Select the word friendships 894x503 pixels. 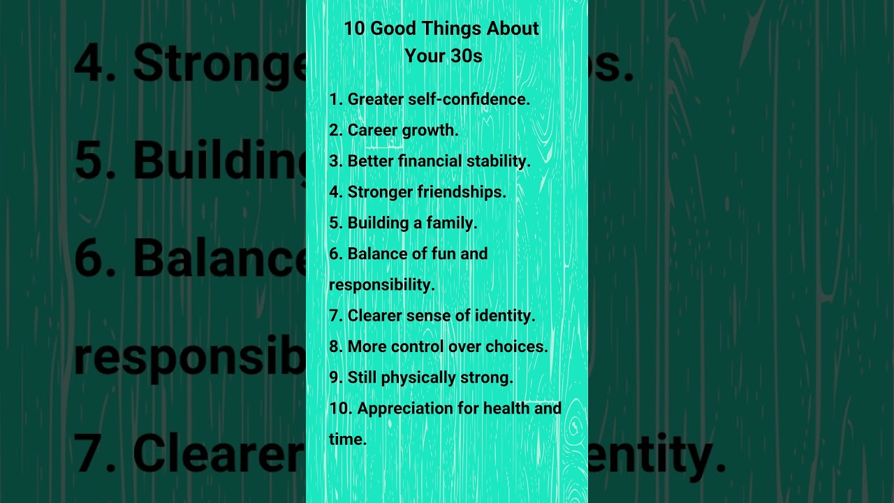(462, 191)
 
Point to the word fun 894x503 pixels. (444, 254)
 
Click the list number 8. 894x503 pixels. (336, 347)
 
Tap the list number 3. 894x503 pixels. (336, 161)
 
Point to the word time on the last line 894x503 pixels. (347, 439)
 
